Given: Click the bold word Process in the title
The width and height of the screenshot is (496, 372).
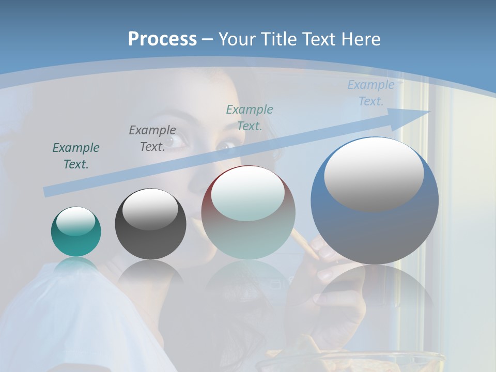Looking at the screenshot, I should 162,39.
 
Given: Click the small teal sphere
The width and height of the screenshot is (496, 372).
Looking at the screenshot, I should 76,231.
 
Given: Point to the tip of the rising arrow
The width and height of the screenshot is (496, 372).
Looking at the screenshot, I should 428,112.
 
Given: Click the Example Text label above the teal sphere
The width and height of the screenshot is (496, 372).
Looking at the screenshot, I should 76,156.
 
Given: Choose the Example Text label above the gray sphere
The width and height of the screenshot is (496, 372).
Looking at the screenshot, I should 152,138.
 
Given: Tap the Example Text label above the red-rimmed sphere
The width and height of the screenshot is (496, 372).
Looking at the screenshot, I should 250,117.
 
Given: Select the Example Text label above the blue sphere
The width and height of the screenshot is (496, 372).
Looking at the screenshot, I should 371,93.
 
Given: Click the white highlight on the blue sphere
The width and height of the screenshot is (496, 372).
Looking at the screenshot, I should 374,173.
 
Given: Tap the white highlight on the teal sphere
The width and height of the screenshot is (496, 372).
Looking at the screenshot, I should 75,221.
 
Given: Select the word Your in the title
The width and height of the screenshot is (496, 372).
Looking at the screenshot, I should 237,39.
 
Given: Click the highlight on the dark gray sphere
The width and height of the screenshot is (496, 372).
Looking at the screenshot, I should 150,209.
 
